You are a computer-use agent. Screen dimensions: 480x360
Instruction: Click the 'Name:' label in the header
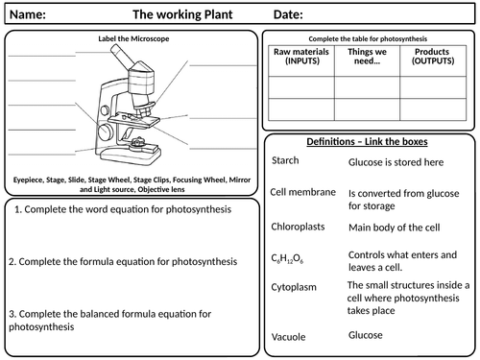[28, 14]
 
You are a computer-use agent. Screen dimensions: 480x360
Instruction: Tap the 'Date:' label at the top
[288, 14]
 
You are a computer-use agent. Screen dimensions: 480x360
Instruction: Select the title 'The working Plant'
[182, 14]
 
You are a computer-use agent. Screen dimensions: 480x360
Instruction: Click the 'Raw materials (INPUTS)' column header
[301, 57]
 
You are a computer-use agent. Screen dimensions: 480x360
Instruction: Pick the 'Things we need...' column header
[367, 57]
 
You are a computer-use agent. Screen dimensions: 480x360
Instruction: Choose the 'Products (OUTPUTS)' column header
[433, 57]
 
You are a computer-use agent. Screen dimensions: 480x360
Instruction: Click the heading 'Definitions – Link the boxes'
[367, 141]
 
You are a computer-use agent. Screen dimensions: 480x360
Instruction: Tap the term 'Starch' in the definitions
[285, 160]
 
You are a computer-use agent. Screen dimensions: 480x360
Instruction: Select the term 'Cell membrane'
[302, 192]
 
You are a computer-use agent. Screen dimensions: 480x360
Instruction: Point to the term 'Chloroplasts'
[298, 227]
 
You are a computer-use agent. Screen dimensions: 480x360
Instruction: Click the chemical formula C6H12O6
[287, 258]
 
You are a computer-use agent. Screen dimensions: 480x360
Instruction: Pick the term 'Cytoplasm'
[294, 287]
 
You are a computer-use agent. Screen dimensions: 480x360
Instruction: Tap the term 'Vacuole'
[288, 337]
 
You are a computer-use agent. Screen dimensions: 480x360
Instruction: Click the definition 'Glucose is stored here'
[396, 162]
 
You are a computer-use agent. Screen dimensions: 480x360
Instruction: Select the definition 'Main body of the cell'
[395, 228]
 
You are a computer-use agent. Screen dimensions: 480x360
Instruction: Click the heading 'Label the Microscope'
[133, 38]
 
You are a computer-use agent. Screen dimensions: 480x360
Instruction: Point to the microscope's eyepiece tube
[123, 57]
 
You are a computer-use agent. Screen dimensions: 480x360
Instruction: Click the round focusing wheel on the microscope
[106, 132]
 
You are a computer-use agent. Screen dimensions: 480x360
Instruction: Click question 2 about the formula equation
[123, 262]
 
